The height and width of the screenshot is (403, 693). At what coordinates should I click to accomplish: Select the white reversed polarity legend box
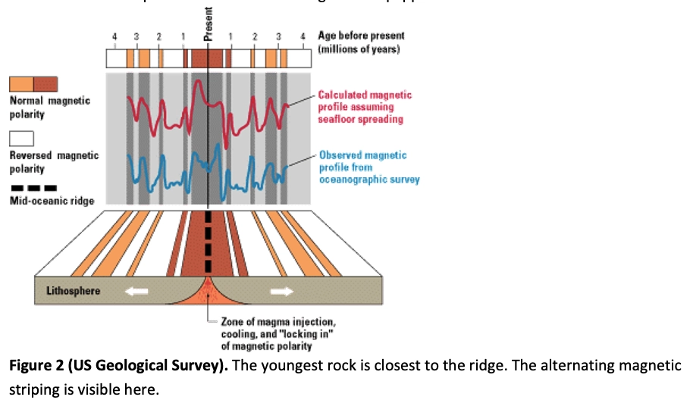[x=21, y=139]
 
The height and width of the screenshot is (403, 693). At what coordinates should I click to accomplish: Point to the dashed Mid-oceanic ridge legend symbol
[x=33, y=187]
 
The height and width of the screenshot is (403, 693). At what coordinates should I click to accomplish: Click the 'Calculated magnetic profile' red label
[x=365, y=107]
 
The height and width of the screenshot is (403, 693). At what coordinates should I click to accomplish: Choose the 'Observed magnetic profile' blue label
[x=368, y=167]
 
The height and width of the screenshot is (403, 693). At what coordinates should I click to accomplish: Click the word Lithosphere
[x=74, y=291]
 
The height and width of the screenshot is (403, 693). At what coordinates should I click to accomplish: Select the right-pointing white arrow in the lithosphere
[x=281, y=291]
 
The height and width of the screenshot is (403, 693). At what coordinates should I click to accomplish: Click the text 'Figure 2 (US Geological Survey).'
[x=116, y=366]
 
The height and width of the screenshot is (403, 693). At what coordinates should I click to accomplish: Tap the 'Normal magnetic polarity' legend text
[x=49, y=107]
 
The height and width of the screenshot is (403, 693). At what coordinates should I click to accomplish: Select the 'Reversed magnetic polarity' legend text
[x=53, y=162]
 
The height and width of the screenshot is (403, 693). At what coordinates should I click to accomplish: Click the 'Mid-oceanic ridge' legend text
[x=52, y=201]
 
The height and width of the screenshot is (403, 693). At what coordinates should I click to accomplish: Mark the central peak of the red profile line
[x=198, y=82]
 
